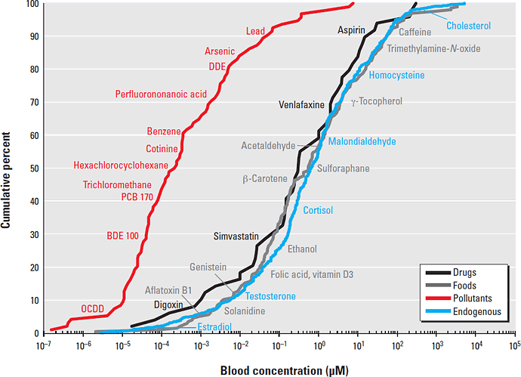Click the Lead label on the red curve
coord(256,31)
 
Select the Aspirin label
coord(351,30)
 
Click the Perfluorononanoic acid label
coord(161,94)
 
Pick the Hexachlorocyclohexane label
coord(120,165)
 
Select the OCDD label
coord(93,308)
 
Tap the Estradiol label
coord(214,326)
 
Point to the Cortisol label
coord(318,210)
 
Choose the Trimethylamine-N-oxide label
coord(433,48)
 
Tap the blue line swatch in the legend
coord(436,311)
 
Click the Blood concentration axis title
coord(283,369)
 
